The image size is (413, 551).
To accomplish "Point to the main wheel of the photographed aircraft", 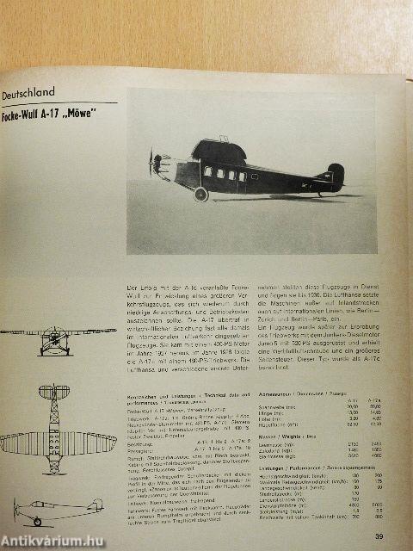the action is pos(201,194).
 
